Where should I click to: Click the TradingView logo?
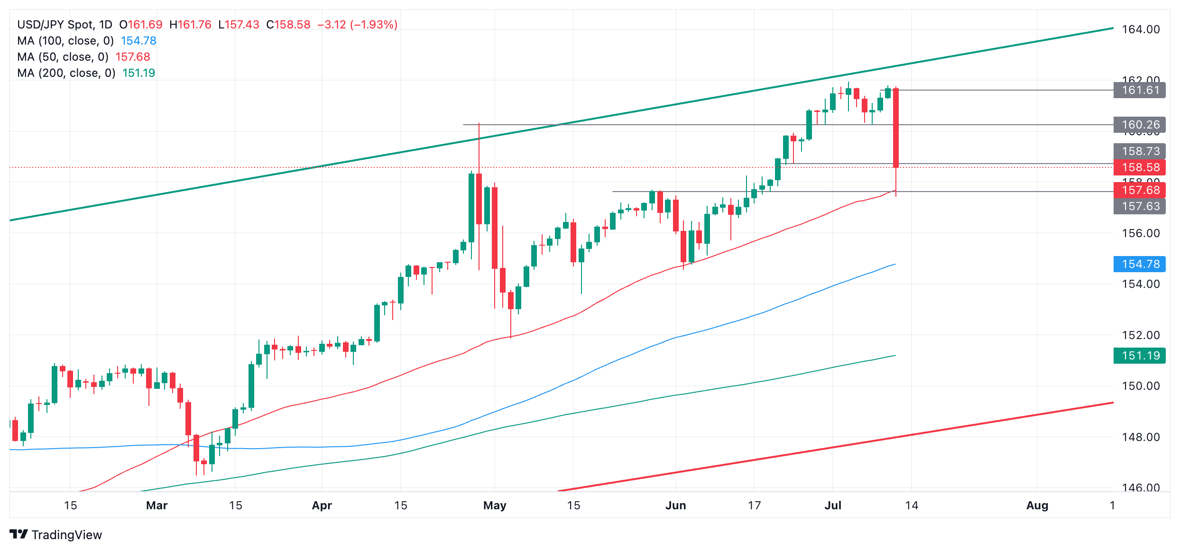(x=55, y=534)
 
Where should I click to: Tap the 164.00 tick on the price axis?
(x=1141, y=29)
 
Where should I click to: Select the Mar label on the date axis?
(x=157, y=505)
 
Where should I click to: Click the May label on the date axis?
(x=495, y=505)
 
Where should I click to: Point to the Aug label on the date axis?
(x=1037, y=505)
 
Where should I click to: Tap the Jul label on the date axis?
(x=833, y=505)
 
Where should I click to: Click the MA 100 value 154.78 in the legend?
(x=138, y=41)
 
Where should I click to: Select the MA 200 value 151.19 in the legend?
(x=138, y=73)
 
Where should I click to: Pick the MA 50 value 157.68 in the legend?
(x=133, y=57)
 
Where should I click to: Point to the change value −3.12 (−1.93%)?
(x=357, y=25)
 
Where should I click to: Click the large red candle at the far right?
(x=896, y=128)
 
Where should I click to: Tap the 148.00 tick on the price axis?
(x=1141, y=437)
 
